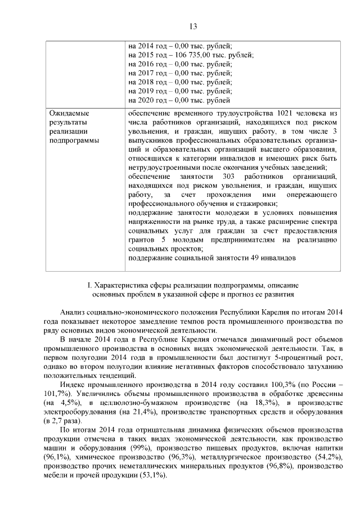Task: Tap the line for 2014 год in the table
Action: [180, 46]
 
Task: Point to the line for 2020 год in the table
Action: [179, 101]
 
